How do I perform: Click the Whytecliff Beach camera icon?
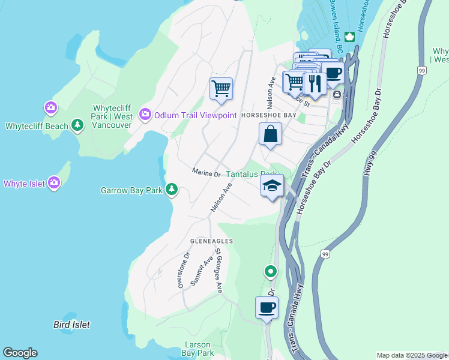click(51, 108)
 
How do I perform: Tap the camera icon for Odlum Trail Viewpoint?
click(145, 114)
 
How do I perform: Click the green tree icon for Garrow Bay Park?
click(172, 190)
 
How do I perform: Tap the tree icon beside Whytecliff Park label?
click(77, 125)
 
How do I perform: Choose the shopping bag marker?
click(271, 134)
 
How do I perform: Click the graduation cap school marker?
click(272, 185)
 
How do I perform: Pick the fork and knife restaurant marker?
click(315, 82)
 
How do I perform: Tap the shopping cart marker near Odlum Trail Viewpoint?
click(221, 89)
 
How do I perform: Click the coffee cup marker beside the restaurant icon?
click(333, 74)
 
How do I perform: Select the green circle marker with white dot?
click(271, 272)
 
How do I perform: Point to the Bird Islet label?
click(71, 325)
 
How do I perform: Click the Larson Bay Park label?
click(197, 349)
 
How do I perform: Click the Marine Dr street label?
click(206, 173)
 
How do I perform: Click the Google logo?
click(20, 353)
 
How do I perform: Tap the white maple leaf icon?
click(349, 37)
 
